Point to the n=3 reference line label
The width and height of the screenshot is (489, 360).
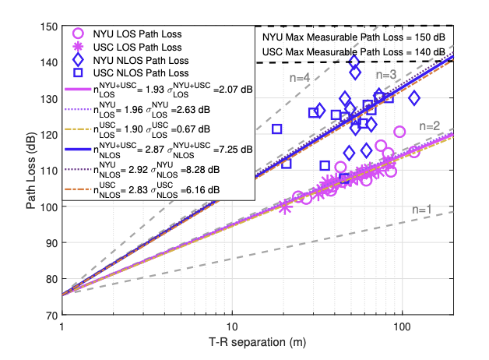[x=387, y=75]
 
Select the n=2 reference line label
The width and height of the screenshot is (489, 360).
[x=431, y=126]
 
